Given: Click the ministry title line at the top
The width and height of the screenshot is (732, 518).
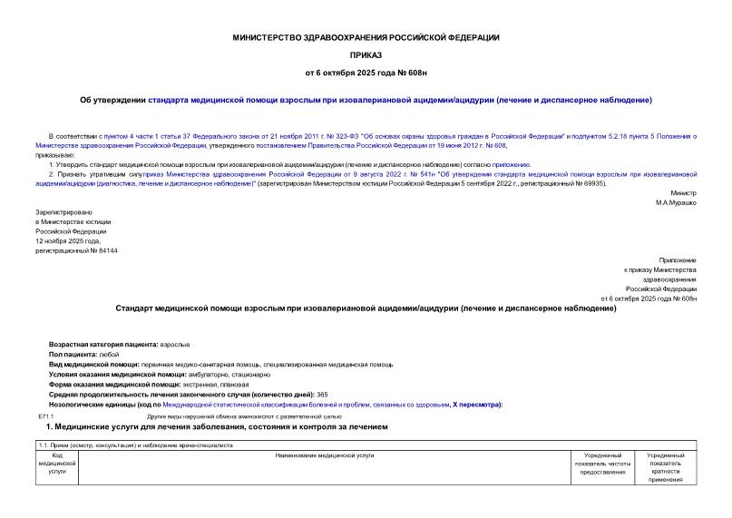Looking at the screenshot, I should tap(366, 37).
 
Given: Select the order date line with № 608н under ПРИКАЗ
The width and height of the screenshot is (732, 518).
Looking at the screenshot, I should tap(366, 71).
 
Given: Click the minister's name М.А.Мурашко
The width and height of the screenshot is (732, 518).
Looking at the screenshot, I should tap(676, 202).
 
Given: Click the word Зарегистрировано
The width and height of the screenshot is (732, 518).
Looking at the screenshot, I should tap(60, 211).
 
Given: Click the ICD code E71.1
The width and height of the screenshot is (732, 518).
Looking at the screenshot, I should tap(47, 415).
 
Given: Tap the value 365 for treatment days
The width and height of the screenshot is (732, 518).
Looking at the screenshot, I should tap(322, 394).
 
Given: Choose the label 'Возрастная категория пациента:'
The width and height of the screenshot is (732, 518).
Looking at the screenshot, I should tap(102, 345).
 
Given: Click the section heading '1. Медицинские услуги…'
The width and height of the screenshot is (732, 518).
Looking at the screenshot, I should tap(220, 426).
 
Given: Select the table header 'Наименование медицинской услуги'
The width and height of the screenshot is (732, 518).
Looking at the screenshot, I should tap(324, 454).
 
